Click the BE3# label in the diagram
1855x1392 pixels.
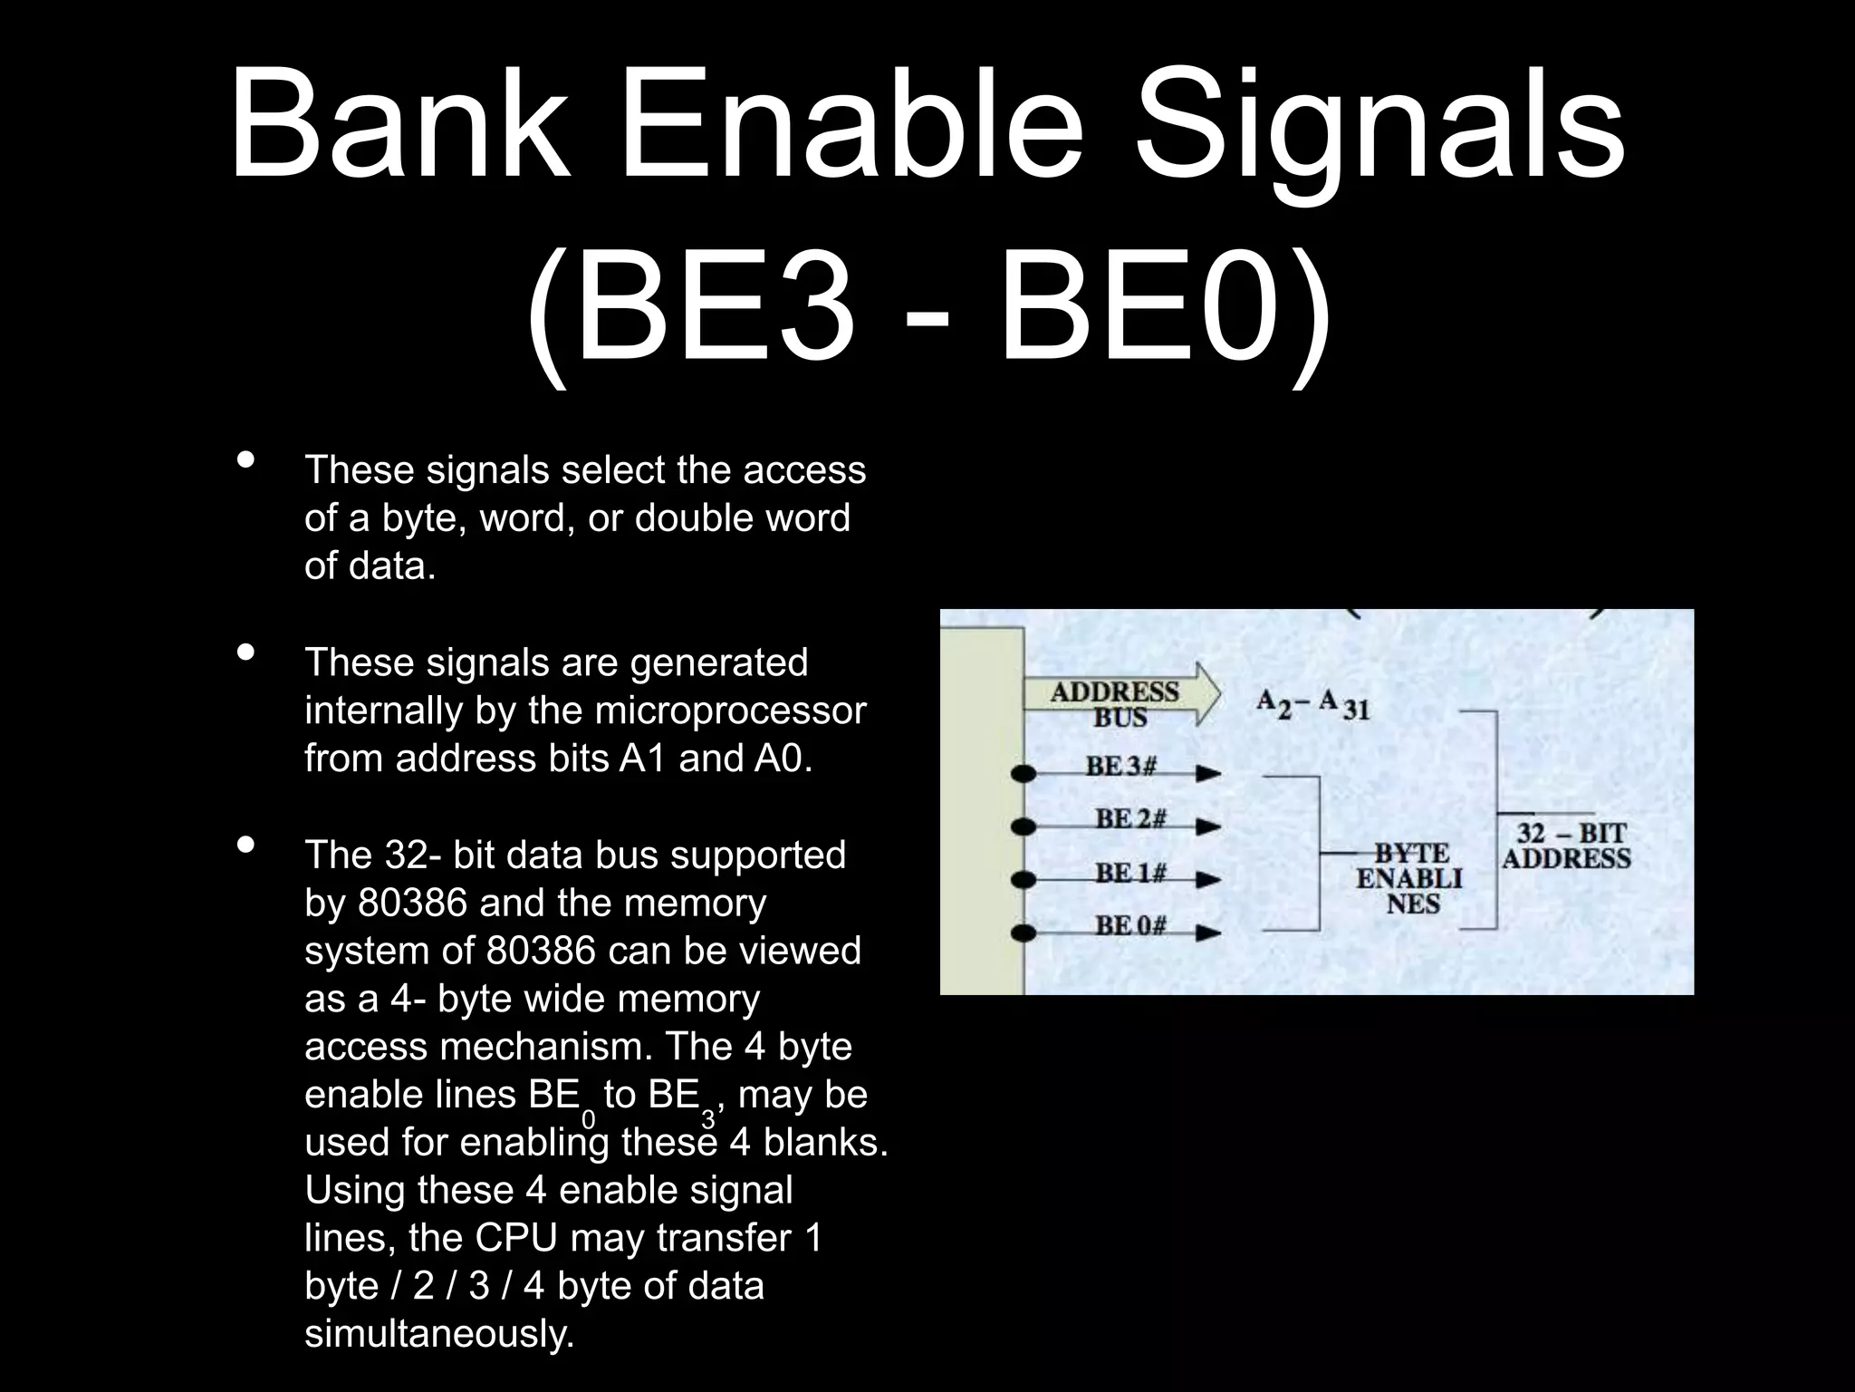[x=1121, y=767]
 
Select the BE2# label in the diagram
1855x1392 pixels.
[x=1129, y=819]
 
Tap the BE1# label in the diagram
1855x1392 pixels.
[x=1129, y=873]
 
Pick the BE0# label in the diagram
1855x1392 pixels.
[x=1129, y=925]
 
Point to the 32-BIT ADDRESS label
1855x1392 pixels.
[x=1567, y=846]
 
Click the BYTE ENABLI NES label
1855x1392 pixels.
[x=1409, y=877]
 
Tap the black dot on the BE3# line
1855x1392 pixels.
[x=1024, y=774]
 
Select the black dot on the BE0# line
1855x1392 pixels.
[x=1024, y=933]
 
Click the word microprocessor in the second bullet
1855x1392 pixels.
[x=730, y=710]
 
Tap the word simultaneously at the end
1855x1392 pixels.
[x=439, y=1334]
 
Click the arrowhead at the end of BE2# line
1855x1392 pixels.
[x=1208, y=826]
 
